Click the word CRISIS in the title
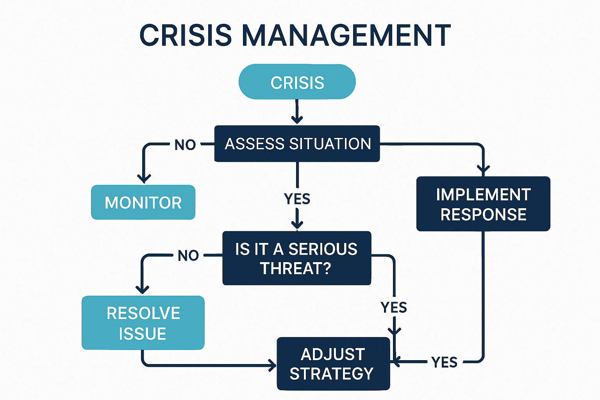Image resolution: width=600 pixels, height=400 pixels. click(x=186, y=35)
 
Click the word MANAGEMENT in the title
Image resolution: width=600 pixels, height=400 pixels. click(x=346, y=35)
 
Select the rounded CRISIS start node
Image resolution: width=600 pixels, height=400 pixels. click(x=297, y=82)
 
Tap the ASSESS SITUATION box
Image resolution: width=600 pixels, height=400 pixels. click(x=297, y=144)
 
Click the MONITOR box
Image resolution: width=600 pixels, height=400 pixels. click(x=143, y=202)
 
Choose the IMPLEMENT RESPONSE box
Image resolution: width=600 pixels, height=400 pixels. click(x=483, y=204)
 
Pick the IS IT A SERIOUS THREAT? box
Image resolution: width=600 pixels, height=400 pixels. click(x=296, y=258)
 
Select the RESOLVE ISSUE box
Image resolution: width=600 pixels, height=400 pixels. click(x=143, y=323)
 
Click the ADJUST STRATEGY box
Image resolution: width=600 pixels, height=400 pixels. click(x=333, y=364)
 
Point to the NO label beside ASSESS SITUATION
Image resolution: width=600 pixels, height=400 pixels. click(x=185, y=145)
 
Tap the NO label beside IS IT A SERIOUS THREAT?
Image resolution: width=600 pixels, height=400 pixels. click(x=188, y=255)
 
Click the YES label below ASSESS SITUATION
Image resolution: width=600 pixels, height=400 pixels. click(x=297, y=199)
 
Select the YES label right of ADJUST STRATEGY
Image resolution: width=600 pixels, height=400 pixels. click(x=445, y=362)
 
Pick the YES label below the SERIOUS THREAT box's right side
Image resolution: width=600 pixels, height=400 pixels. click(x=394, y=307)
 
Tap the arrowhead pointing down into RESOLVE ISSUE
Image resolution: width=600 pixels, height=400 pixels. click(x=142, y=289)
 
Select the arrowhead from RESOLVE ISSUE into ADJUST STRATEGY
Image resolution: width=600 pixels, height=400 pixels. click(x=272, y=366)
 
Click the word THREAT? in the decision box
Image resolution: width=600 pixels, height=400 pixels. click(x=296, y=268)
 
